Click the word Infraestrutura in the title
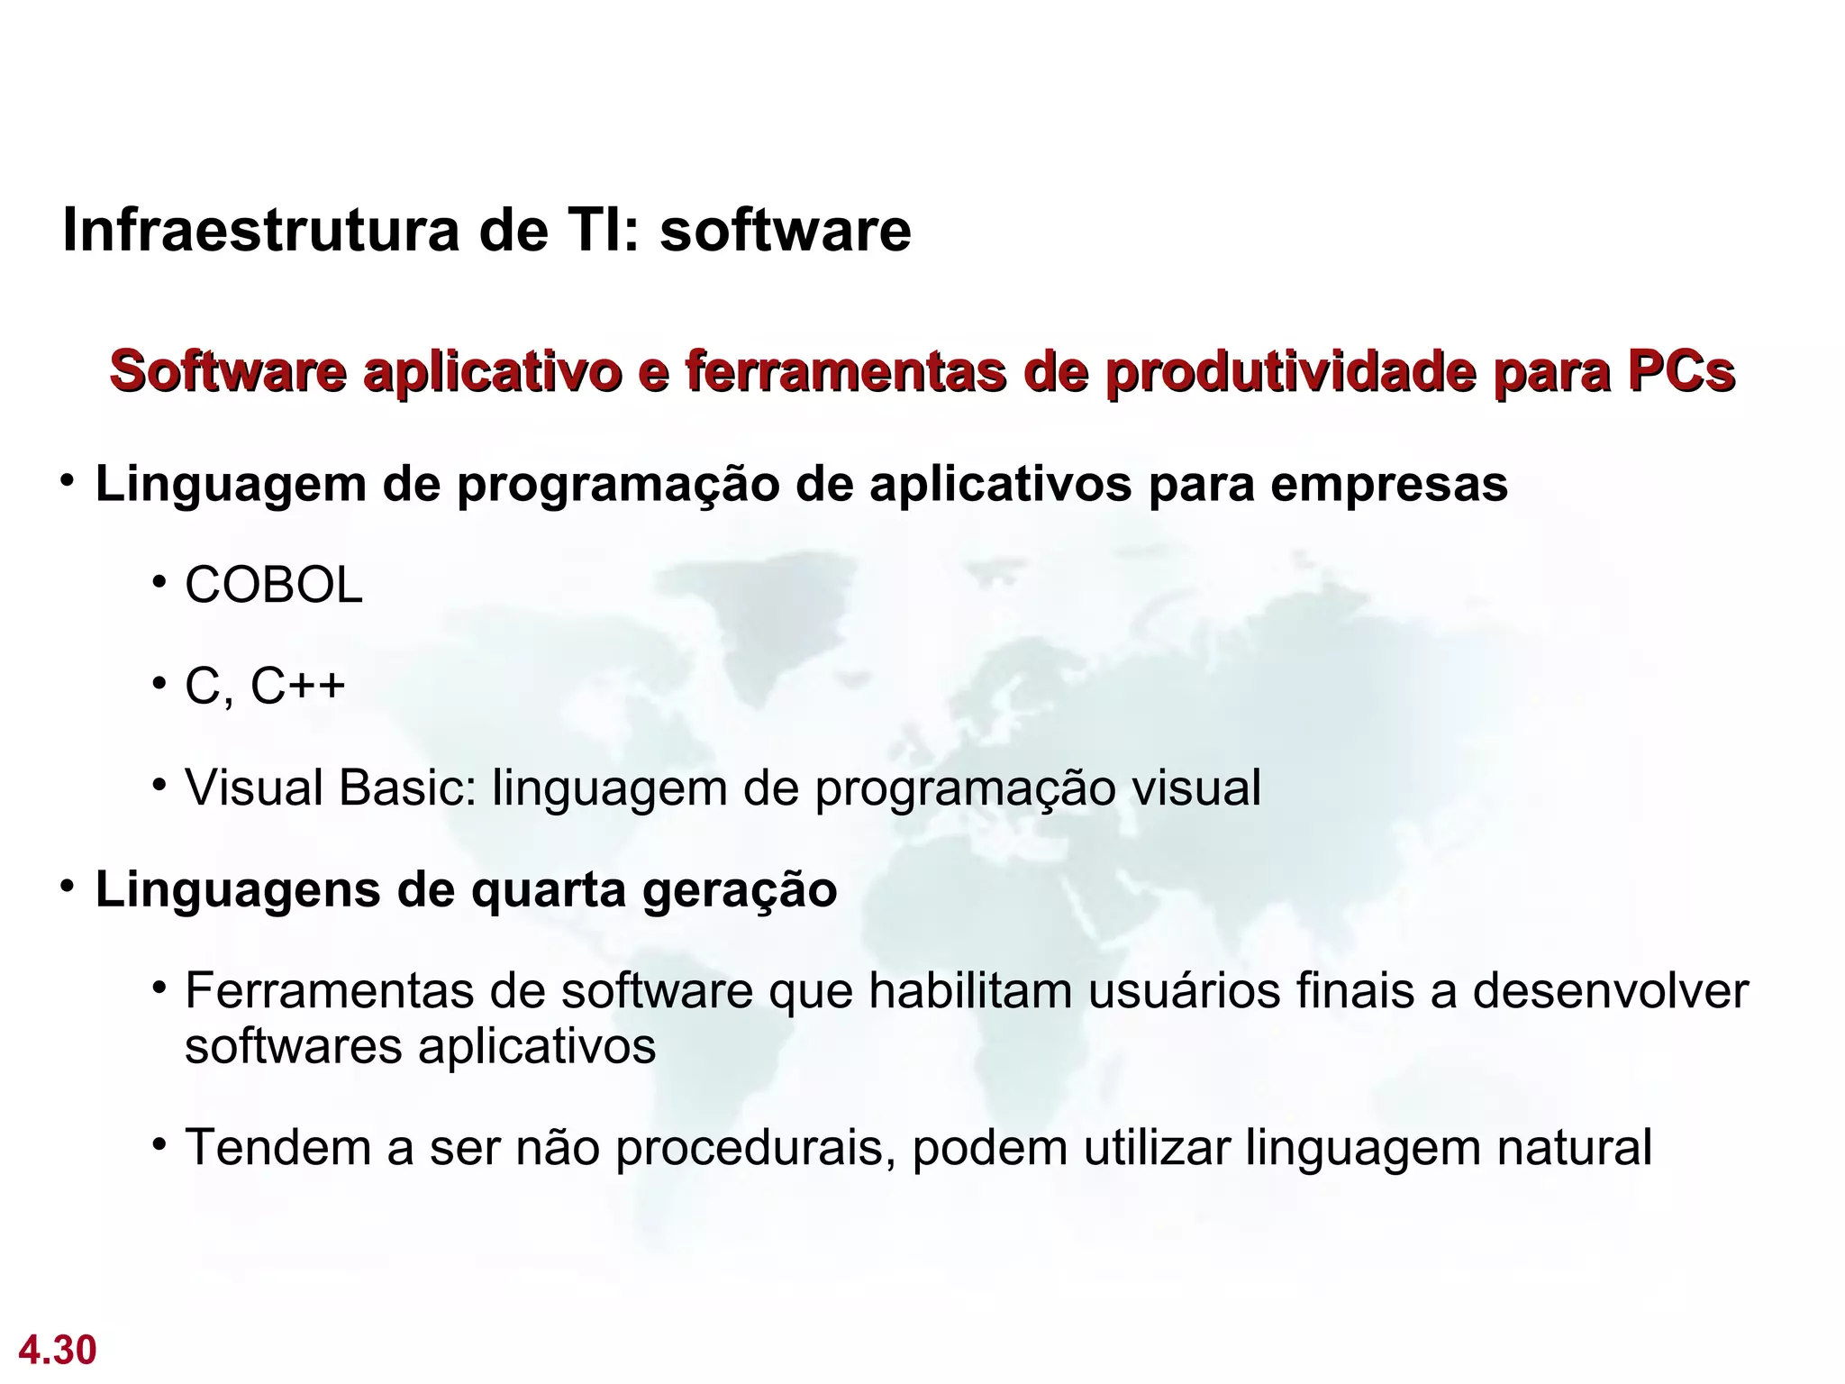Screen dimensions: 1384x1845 coord(260,231)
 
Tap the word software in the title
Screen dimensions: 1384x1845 coord(785,231)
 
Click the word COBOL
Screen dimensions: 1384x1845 coord(273,586)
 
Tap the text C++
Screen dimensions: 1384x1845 coord(298,686)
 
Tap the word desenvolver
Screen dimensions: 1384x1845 coord(1610,991)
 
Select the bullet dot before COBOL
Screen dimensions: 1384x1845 coord(159,582)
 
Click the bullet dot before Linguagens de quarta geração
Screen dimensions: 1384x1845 coord(68,887)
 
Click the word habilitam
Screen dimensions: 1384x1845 coord(969,991)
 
